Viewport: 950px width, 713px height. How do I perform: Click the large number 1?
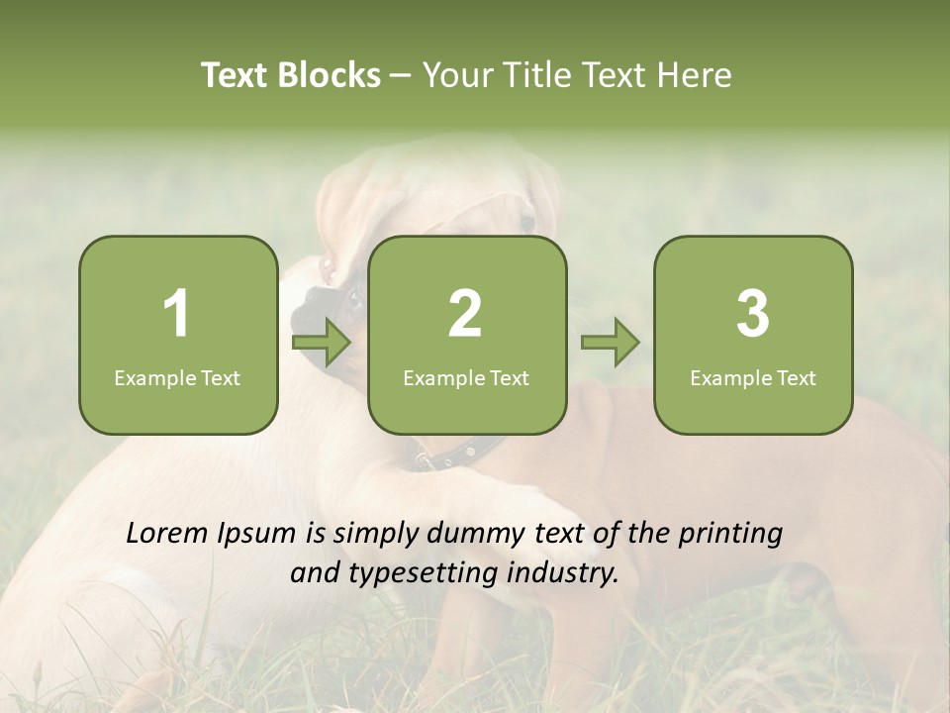coord(177,314)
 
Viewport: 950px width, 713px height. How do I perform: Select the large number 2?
coord(465,314)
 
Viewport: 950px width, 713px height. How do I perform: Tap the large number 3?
coord(753,314)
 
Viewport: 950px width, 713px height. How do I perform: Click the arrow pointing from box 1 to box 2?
coord(323,344)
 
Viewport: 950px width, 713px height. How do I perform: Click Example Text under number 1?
coord(177,378)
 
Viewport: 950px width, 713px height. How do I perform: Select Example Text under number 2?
coord(466,378)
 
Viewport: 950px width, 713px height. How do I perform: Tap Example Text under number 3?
coord(753,378)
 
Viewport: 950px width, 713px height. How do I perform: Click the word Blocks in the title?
coord(329,75)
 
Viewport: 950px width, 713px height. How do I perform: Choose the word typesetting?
coord(413,573)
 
